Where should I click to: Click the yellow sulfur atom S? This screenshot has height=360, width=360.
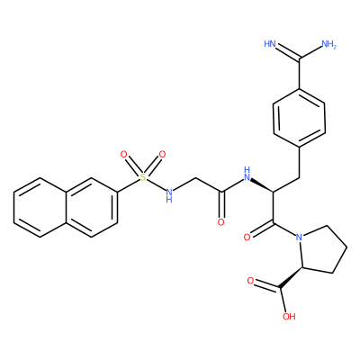point(143,177)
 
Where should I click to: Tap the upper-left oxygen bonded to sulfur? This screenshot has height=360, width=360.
point(124,155)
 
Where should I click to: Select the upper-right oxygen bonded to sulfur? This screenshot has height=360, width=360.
point(162,155)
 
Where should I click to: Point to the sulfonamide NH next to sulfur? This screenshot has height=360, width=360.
point(169,195)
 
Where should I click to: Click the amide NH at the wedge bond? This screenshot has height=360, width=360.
point(247,174)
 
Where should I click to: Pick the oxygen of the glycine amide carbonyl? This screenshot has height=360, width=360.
point(221,222)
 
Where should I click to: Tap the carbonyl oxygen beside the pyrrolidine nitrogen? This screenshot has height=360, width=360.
point(247,238)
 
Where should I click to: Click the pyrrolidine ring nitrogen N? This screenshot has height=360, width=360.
point(299,238)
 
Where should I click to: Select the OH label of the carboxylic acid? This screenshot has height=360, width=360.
point(289,317)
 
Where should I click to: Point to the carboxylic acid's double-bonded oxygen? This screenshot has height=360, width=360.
point(250,281)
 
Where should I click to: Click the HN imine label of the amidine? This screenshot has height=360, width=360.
point(270,44)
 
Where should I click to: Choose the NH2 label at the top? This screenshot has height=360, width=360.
point(328,44)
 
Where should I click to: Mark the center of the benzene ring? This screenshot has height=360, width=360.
point(299,118)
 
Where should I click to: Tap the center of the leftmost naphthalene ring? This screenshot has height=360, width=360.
point(40,208)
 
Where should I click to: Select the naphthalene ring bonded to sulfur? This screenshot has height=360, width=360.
point(91,208)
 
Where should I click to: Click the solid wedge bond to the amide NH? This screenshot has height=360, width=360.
point(263,185)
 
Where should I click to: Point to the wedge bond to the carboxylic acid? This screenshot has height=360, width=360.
point(291,277)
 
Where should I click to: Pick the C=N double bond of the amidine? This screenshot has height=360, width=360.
point(287,51)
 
